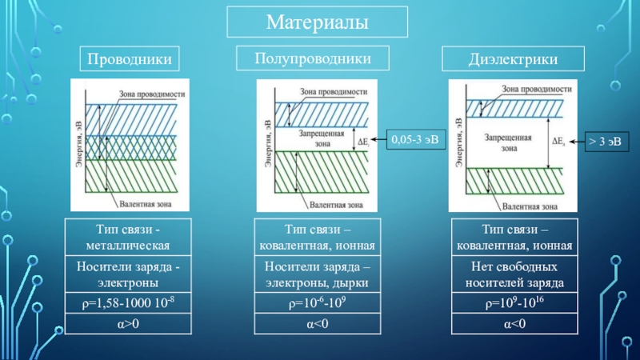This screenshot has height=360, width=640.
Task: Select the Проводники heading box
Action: click(x=128, y=58)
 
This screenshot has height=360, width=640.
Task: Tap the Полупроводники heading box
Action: click(x=313, y=58)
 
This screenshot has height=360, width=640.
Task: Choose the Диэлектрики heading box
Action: click(x=513, y=58)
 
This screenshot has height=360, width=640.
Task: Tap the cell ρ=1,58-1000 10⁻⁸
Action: click(x=128, y=303)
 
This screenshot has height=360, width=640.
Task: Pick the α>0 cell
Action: click(x=128, y=324)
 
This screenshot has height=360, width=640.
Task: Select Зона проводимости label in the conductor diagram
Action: click(x=152, y=93)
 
